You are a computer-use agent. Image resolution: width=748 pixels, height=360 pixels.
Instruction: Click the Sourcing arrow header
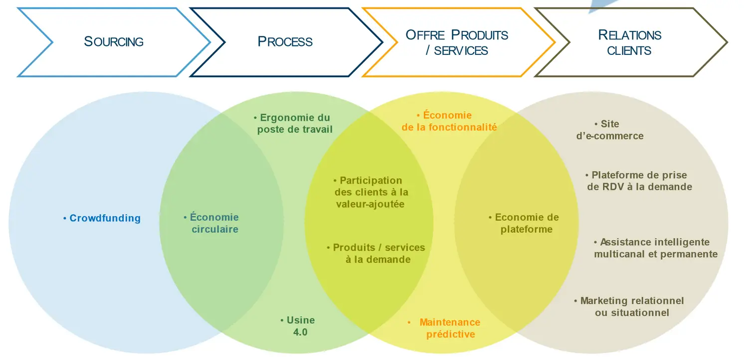tap(114, 42)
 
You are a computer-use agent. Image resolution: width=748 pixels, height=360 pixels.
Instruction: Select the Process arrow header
tap(285, 42)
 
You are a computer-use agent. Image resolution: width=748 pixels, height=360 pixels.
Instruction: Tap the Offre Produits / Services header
tap(457, 42)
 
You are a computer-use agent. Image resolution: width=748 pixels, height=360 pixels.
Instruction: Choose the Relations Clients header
tap(629, 42)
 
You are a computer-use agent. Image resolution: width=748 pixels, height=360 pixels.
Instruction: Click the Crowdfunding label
tap(102, 218)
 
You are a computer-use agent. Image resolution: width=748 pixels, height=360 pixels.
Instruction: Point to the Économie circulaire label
tap(212, 223)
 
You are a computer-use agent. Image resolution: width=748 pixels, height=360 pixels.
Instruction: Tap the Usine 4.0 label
tap(300, 326)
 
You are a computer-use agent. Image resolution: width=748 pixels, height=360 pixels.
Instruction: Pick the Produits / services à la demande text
tap(377, 253)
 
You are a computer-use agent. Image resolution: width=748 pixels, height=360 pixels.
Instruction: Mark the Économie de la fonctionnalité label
tap(449, 121)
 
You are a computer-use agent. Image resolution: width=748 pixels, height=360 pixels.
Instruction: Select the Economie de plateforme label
tap(526, 223)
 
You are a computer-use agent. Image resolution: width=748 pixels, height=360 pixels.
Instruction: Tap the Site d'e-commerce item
tap(610, 130)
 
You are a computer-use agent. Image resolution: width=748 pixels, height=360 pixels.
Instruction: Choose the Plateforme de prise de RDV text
tap(639, 181)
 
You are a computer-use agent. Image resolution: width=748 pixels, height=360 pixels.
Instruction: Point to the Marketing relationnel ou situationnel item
tap(631, 307)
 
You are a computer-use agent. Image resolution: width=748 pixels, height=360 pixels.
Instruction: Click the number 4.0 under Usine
tap(301, 332)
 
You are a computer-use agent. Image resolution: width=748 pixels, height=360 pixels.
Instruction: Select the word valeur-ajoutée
tap(370, 204)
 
